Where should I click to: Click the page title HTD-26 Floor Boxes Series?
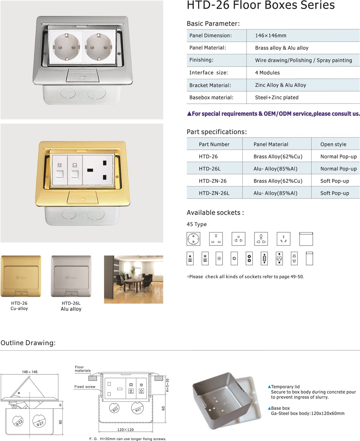(x=261, y=5)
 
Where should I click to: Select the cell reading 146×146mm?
(x=271, y=36)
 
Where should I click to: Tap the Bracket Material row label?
(x=210, y=85)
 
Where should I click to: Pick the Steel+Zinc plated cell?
(x=277, y=98)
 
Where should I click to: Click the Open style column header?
(x=333, y=144)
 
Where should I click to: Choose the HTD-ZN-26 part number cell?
(x=213, y=181)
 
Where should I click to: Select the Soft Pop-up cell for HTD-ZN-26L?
(x=335, y=193)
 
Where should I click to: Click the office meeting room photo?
(x=133, y=279)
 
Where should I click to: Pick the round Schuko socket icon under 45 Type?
(x=193, y=239)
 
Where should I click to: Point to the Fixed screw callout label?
(x=85, y=387)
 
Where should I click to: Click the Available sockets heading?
(x=215, y=213)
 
